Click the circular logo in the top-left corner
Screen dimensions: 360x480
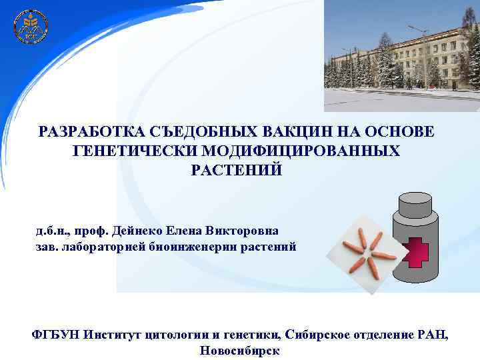[x=31, y=27]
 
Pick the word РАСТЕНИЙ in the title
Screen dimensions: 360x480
[x=236, y=171]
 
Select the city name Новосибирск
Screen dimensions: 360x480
[x=239, y=351]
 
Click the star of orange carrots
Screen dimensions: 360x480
[x=367, y=253]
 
